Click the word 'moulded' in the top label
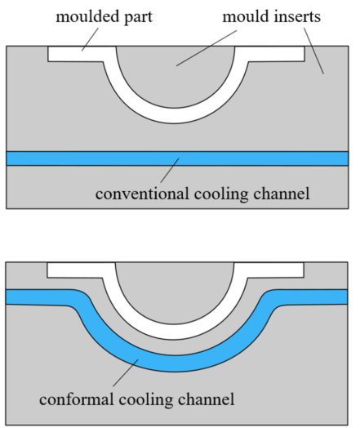point(87,16)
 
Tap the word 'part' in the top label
point(138,18)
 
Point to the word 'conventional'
point(142,194)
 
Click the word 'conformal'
point(77,399)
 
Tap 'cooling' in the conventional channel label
point(221,194)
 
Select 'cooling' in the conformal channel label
point(146,400)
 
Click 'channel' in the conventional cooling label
point(282,194)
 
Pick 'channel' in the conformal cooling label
point(207,399)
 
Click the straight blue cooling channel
point(177,158)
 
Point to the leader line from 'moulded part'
point(90,39)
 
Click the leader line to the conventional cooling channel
point(170,171)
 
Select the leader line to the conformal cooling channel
point(126,372)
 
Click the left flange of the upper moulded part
point(76,54)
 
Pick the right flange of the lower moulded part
point(275,270)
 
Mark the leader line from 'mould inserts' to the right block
point(314,51)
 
